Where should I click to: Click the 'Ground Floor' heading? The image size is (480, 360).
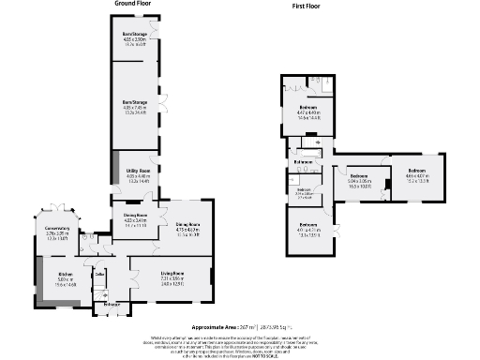pos(135,4)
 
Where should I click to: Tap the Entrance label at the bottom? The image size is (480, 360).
pos(110,306)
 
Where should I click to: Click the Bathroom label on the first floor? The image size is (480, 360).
pos(303,161)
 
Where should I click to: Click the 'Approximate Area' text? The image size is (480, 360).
pos(218,327)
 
